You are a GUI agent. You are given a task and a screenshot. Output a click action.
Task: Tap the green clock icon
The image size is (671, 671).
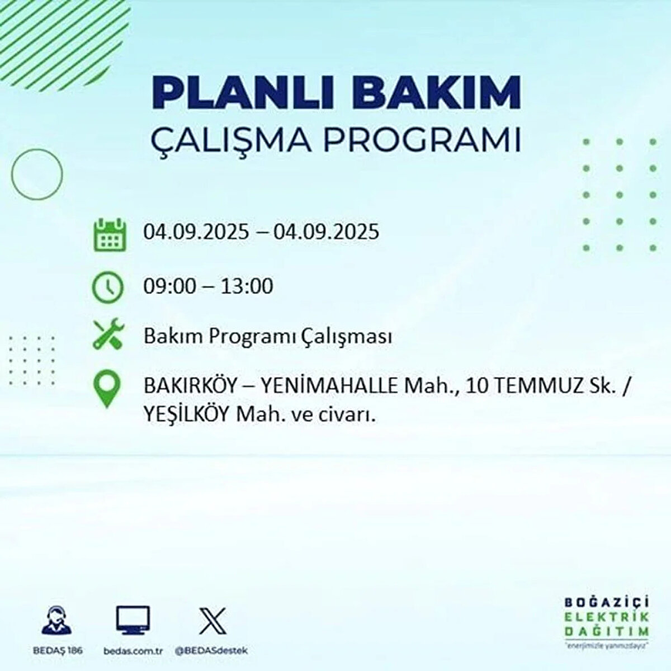tap(107, 287)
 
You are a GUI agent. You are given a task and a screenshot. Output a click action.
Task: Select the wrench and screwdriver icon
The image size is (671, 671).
tap(107, 334)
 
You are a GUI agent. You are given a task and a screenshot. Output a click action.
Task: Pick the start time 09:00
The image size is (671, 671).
tap(170, 287)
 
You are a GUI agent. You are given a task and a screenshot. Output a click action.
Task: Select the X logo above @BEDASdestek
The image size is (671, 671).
tap(212, 620)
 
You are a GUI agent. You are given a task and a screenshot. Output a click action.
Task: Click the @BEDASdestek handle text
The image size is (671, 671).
tap(211, 651)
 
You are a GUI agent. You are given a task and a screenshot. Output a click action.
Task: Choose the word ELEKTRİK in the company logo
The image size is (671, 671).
tap(607, 617)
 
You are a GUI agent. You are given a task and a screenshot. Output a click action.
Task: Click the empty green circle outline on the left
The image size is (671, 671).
tap(37, 174)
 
